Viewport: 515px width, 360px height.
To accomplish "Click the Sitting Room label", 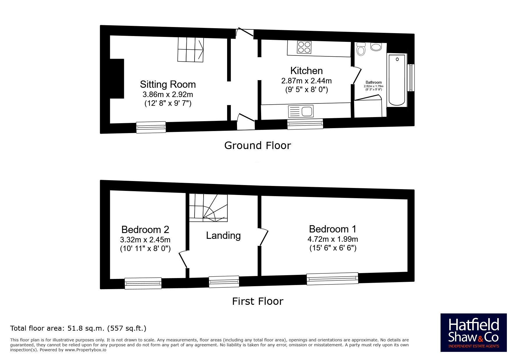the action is tap(168, 84).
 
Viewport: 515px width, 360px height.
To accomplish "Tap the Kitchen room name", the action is tap(306, 71).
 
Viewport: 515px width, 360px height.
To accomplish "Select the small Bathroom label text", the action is tap(374, 83).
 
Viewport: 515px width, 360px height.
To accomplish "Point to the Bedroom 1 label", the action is tap(332, 229).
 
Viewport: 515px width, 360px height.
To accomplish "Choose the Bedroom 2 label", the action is tap(145, 230).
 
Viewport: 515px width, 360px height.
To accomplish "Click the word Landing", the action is tap(223, 235).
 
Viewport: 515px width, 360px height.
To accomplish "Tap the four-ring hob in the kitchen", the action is tap(304, 47).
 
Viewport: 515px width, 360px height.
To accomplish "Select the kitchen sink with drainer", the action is tap(301, 111).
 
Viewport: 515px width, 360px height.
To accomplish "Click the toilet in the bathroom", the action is tap(361, 49).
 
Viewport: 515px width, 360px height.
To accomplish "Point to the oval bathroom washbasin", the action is tap(376, 47).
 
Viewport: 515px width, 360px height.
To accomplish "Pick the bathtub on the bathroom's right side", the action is tap(397, 80).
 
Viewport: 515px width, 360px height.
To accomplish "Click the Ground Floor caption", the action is tap(257, 145).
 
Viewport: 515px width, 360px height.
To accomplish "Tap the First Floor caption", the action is tap(257, 301).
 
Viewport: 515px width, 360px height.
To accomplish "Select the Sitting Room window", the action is tap(151, 127).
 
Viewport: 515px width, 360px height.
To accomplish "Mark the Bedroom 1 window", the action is tap(332, 278).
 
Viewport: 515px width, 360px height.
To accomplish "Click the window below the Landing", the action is tap(224, 282).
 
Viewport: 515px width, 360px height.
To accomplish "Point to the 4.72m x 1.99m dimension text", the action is tap(333, 239).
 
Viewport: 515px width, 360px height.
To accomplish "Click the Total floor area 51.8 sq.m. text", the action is tap(78, 328).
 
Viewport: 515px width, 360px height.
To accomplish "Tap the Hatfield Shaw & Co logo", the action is tap(474, 333).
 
